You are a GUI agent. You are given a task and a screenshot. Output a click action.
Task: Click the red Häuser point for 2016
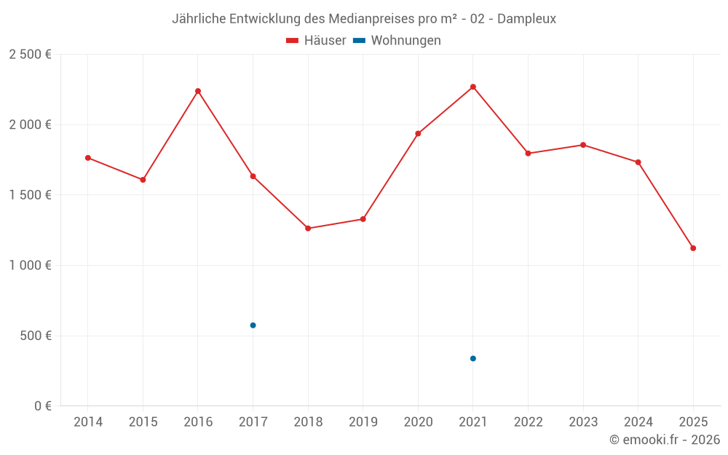pos(198,91)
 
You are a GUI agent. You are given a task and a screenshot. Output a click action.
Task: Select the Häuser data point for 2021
pos(473,87)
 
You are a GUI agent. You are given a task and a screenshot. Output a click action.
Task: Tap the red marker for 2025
pos(693,248)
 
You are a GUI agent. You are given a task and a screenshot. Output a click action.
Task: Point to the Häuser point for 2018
pos(308,229)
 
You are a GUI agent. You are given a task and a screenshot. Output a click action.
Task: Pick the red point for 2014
pos(88,158)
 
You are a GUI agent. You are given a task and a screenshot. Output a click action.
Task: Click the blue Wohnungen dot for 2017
pos(253,325)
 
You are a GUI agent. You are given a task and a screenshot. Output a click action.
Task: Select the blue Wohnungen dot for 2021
pos(473,358)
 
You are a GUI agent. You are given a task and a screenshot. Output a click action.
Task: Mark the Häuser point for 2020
pos(418,134)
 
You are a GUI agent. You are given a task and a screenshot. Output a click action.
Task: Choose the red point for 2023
pos(583,145)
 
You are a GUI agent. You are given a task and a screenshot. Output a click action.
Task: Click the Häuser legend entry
pos(316,41)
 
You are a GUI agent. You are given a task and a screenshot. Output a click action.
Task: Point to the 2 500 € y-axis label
pos(30,55)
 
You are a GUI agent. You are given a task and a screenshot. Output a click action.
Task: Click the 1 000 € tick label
pos(30,266)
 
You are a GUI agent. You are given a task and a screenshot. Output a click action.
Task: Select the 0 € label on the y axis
pos(42,406)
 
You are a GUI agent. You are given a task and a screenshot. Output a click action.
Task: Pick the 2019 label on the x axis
pos(363,422)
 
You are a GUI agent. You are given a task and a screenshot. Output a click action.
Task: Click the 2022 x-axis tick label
pos(528,422)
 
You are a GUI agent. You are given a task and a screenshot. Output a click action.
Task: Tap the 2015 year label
pos(143,422)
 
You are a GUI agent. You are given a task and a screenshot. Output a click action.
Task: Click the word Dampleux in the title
pos(529,19)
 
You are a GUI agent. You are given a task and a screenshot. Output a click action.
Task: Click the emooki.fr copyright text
pos(665,440)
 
